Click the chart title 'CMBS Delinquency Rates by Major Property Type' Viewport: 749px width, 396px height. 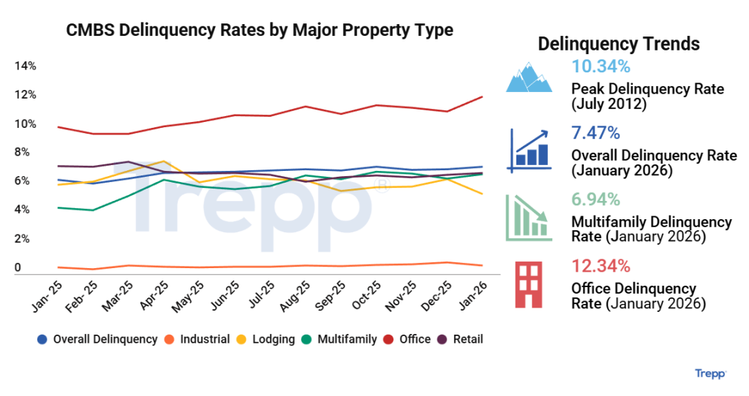click(260, 30)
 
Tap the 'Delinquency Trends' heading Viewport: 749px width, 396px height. click(618, 44)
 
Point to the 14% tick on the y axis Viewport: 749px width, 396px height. click(26, 66)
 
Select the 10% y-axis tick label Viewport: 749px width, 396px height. click(26, 124)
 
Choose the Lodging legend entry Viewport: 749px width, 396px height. click(268, 339)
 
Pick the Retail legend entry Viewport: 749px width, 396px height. click(460, 339)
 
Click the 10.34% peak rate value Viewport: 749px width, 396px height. click(601, 67)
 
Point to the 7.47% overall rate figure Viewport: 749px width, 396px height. click(596, 133)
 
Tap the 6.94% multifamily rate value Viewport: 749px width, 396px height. click(596, 199)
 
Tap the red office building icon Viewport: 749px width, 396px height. click(527, 285)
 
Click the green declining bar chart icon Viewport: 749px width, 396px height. click(528, 217)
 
